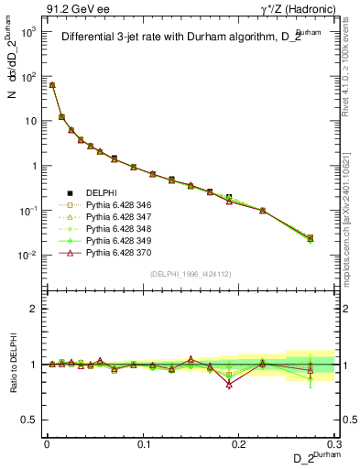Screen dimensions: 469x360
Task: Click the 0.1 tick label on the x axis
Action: pyautogui.click(x=142, y=443)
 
